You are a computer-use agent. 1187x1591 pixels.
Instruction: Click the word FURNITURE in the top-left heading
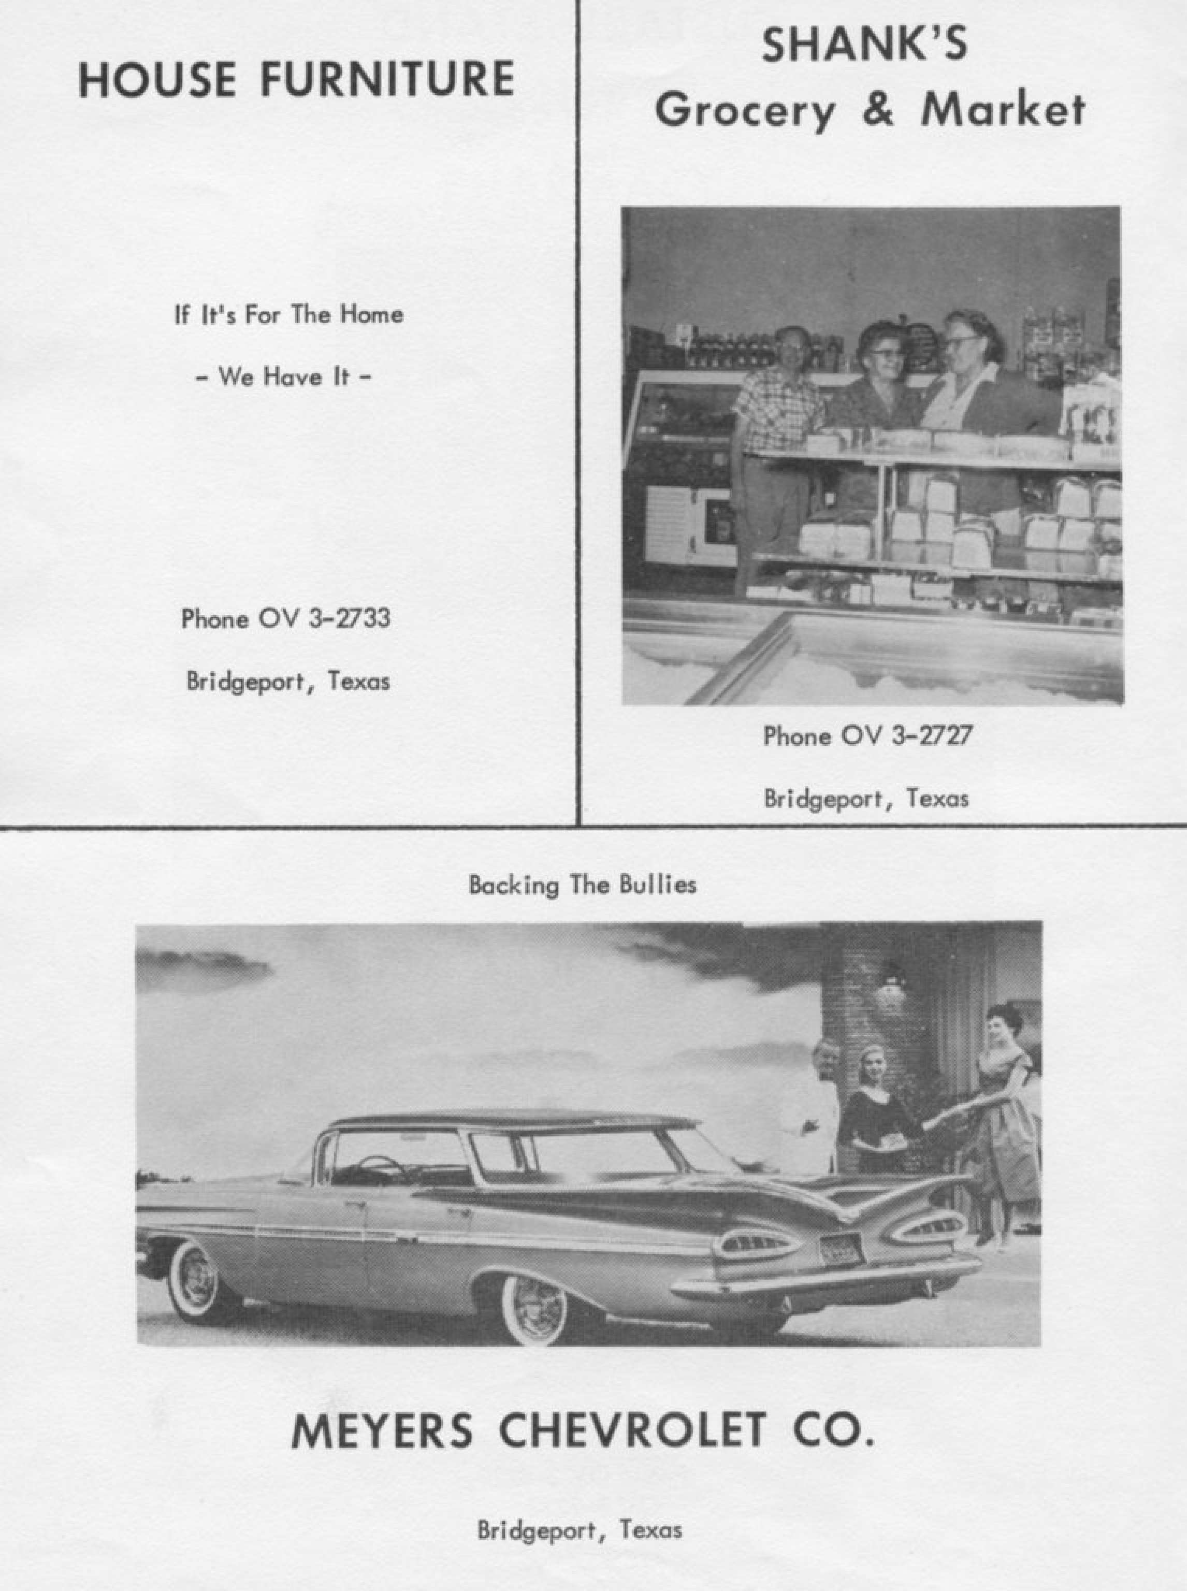coord(386,80)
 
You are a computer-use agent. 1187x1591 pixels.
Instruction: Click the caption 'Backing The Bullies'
coord(582,885)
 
